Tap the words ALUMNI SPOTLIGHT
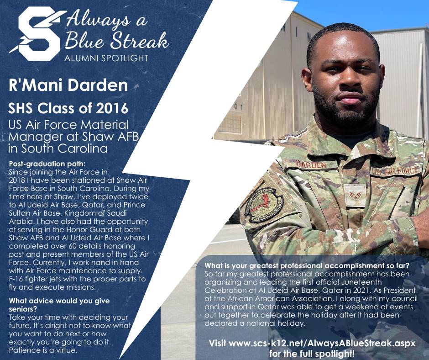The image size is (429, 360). [x=106, y=58]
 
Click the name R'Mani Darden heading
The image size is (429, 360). [x=68, y=85]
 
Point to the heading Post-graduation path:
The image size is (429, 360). [x=47, y=164]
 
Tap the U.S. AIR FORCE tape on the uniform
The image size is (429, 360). [x=396, y=171]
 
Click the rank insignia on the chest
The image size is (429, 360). [x=355, y=195]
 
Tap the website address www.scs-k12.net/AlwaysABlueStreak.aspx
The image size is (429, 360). [x=322, y=343]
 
